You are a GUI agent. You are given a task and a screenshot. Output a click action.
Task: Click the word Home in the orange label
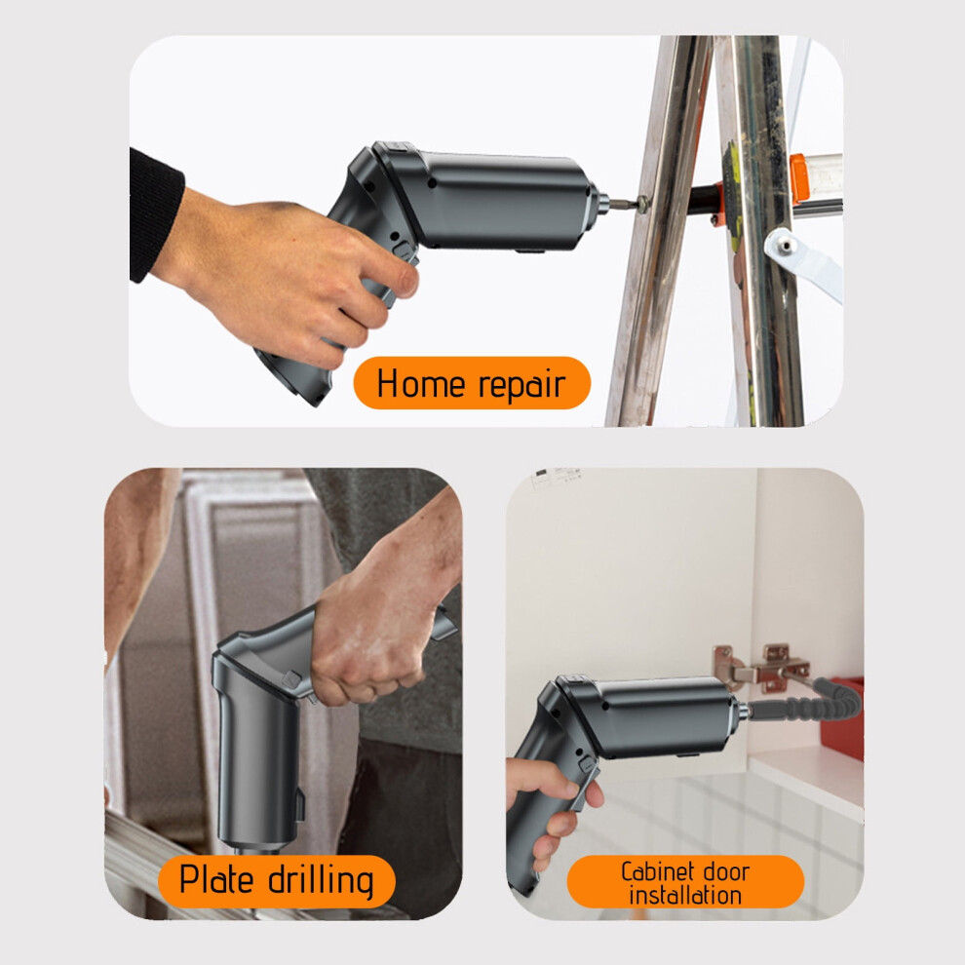point(420,383)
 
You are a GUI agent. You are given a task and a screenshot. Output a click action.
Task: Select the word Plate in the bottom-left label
point(216,878)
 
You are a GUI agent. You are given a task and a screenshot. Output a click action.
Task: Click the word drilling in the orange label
point(321,881)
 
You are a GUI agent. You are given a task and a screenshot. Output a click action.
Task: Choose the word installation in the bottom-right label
point(685,896)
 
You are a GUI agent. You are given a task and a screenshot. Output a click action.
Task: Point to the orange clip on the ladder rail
point(798,178)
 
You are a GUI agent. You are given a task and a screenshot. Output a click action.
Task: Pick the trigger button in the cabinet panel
point(587,763)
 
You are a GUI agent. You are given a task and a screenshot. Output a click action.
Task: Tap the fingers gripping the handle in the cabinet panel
point(557,812)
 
